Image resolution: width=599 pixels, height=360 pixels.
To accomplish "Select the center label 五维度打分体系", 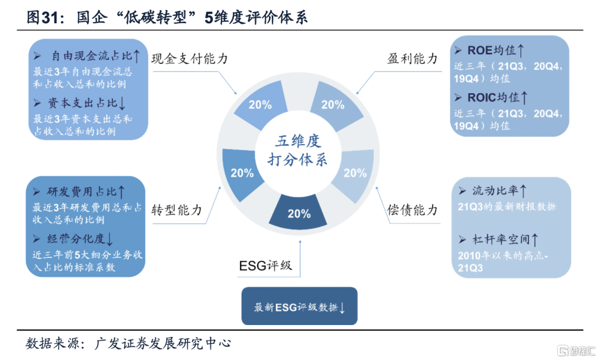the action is point(298,150).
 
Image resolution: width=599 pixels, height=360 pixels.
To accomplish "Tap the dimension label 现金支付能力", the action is point(190,58).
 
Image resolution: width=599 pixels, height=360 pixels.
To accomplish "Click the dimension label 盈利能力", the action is point(412,58).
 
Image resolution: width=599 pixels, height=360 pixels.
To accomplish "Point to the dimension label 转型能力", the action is point(176,210).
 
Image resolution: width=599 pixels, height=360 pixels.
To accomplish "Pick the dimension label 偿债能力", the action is point(412,210).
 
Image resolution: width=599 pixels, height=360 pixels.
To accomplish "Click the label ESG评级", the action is point(266,265).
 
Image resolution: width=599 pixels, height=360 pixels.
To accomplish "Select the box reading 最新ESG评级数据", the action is point(299,306).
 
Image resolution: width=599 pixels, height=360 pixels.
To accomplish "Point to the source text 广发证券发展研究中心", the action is point(163,343).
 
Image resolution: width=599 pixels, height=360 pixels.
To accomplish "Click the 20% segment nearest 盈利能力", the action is point(334,104).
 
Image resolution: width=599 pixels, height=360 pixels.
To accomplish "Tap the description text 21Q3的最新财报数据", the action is point(507,207).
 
